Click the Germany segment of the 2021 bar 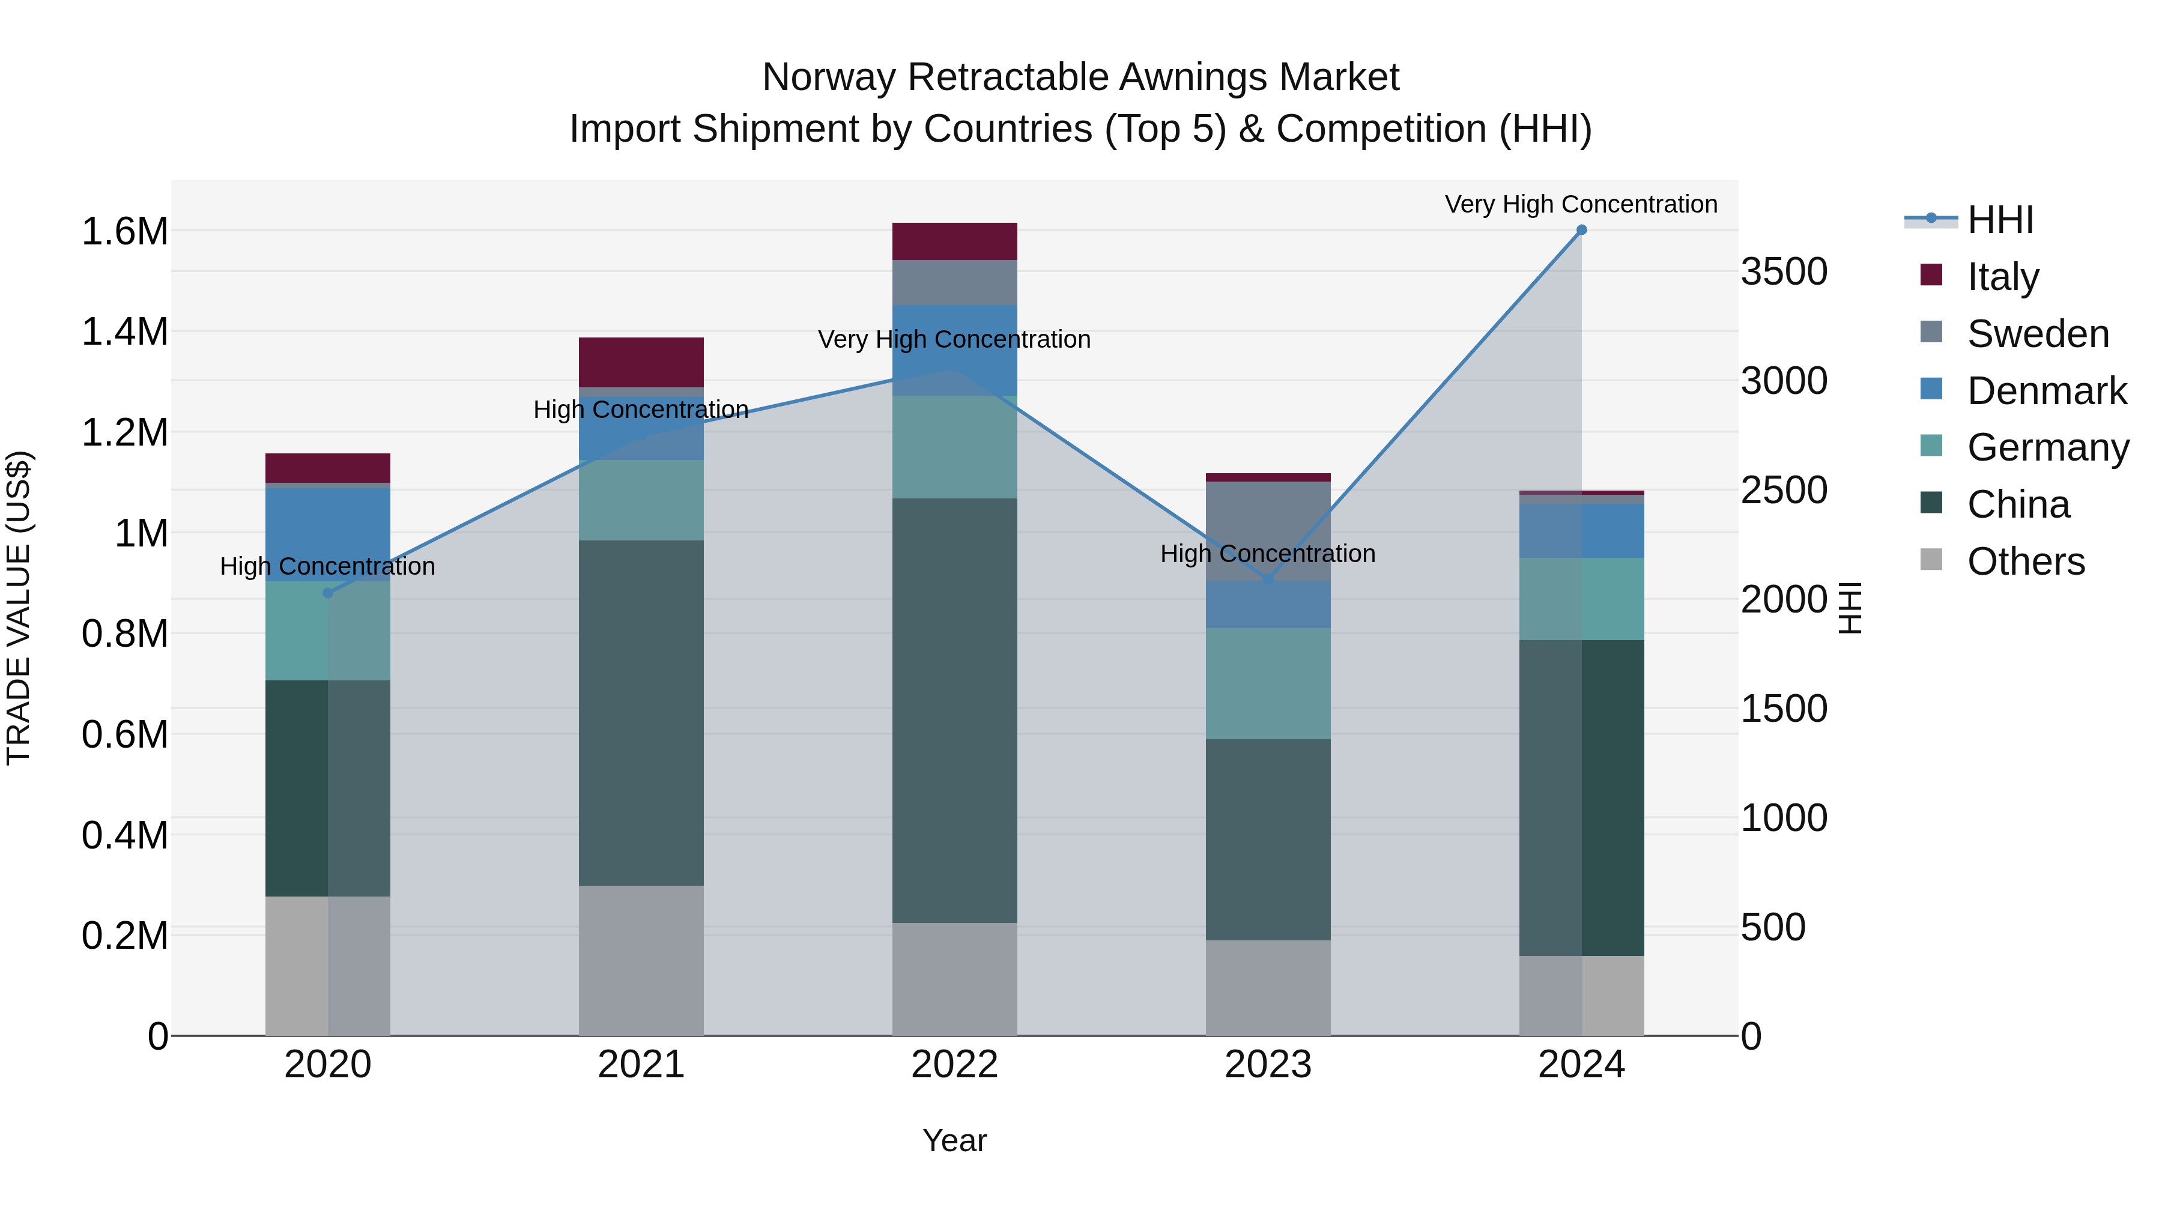[x=641, y=500]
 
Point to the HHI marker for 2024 [x=1581, y=230]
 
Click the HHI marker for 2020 [x=328, y=593]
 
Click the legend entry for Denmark [x=2046, y=391]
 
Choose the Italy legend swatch [x=1931, y=275]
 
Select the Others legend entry [x=2025, y=561]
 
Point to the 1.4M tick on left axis [x=125, y=331]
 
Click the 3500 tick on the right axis [x=1784, y=272]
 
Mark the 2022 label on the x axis [x=954, y=1065]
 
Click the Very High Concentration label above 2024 [x=1581, y=204]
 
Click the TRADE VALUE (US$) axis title [x=19, y=608]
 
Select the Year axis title [x=954, y=1140]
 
